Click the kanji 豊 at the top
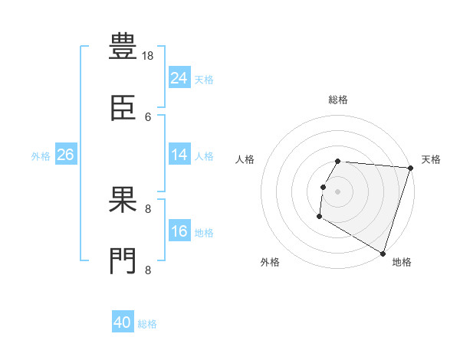(x=123, y=46)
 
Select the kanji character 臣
(x=123, y=107)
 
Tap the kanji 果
(x=123, y=199)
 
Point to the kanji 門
(x=123, y=260)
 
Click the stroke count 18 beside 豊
(x=147, y=56)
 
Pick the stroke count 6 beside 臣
(x=148, y=117)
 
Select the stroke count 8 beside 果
(x=148, y=209)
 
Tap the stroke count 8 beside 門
(x=148, y=270)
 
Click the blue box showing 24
(x=179, y=77)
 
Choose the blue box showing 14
(x=179, y=154)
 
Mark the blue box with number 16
(x=179, y=230)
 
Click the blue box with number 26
(x=66, y=154)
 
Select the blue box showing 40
(x=123, y=321)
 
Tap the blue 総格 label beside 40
(x=147, y=324)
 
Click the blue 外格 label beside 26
(x=41, y=156)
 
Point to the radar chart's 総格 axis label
(x=338, y=100)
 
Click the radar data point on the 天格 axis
(x=411, y=168)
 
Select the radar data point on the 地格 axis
(x=383, y=254)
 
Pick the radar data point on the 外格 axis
(x=320, y=217)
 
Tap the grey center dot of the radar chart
(x=337, y=191)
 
